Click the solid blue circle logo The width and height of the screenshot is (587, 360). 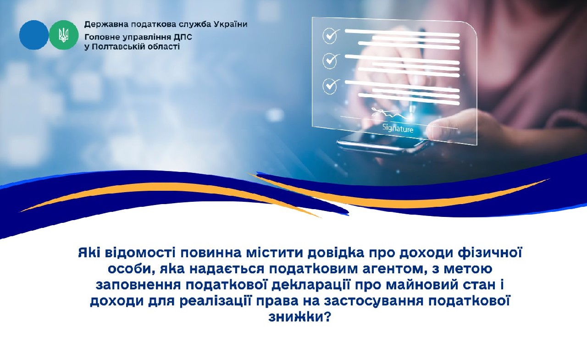point(33,35)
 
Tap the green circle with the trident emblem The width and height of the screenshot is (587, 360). point(64,35)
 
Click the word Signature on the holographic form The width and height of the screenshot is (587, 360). point(398,128)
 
